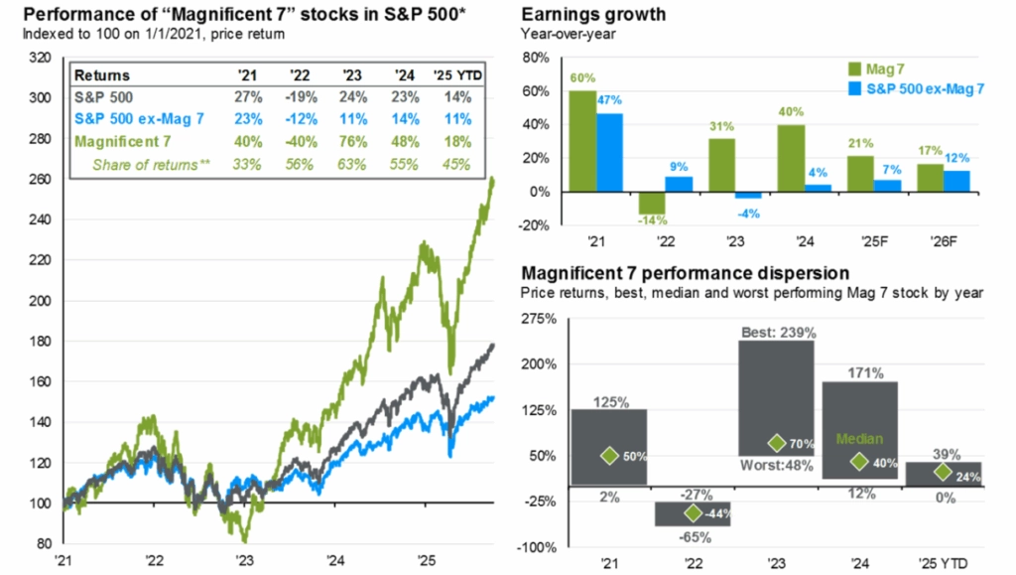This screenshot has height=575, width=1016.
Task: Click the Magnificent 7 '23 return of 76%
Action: tap(353, 141)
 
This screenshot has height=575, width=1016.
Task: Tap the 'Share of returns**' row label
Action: tap(151, 163)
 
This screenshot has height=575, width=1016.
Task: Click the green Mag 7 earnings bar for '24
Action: tap(792, 158)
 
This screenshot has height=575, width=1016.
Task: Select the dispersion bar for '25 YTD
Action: tap(944, 473)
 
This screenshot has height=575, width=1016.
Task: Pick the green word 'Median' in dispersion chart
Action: tap(858, 438)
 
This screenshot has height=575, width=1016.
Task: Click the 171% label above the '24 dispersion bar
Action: tap(859, 371)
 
